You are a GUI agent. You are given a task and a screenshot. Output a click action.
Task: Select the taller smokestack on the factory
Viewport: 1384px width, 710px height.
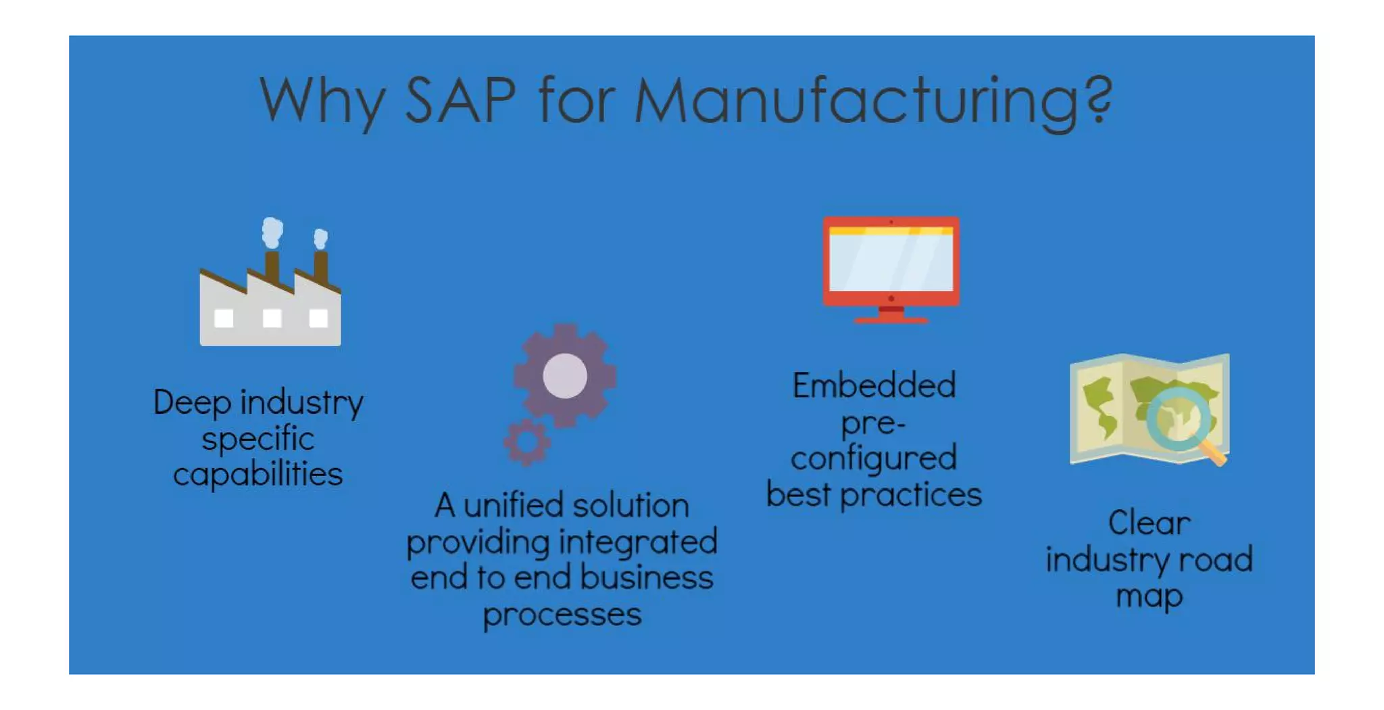tap(272, 266)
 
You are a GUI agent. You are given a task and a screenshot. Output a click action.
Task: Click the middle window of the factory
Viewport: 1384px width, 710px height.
tap(272, 318)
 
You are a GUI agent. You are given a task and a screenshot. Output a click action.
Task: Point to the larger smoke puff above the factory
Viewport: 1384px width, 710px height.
tap(272, 232)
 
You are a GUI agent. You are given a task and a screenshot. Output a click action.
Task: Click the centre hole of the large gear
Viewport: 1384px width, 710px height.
tap(565, 376)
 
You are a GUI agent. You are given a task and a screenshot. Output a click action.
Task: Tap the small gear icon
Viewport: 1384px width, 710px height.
tap(527, 442)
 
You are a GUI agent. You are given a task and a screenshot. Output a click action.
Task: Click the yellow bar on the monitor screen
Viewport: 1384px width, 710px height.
tap(891, 231)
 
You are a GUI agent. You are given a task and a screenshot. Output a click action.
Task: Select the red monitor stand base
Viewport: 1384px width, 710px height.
tap(891, 319)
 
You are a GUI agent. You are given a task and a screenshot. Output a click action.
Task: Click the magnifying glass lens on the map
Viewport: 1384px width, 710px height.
tap(1179, 419)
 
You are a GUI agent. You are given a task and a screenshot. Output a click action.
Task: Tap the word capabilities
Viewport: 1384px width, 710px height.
tap(258, 475)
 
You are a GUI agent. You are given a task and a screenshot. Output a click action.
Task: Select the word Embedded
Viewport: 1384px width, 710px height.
tap(874, 386)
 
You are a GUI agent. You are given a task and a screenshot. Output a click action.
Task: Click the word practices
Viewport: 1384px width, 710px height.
tap(911, 496)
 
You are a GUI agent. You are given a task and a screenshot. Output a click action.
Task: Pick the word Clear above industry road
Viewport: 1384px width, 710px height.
tap(1149, 523)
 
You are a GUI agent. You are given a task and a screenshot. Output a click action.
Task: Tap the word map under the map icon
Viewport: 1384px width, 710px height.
tap(1149, 596)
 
